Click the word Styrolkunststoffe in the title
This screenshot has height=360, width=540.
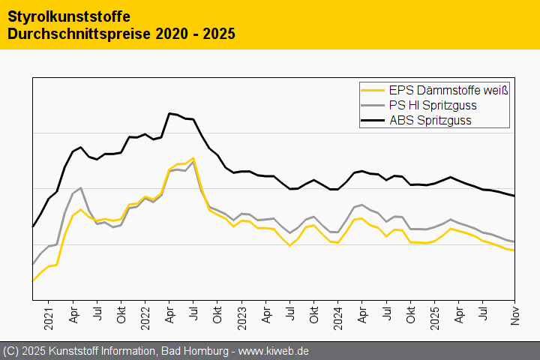(68, 16)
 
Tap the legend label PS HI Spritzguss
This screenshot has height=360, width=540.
(433, 106)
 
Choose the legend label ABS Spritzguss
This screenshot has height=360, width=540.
(430, 120)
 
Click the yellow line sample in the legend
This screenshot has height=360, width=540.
(373, 91)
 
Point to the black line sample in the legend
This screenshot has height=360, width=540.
(373, 120)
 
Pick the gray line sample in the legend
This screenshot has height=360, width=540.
(373, 106)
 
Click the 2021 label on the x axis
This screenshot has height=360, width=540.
(49, 314)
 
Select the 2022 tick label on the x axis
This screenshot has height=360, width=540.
(145, 314)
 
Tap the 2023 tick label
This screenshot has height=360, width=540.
(241, 314)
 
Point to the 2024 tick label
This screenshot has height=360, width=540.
(338, 314)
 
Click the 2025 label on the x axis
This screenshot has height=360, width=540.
(435, 314)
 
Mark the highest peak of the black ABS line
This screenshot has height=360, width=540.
(169, 113)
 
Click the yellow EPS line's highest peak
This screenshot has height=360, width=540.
(193, 158)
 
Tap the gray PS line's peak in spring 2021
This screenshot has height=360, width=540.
(80, 188)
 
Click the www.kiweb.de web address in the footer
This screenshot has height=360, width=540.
(274, 351)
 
